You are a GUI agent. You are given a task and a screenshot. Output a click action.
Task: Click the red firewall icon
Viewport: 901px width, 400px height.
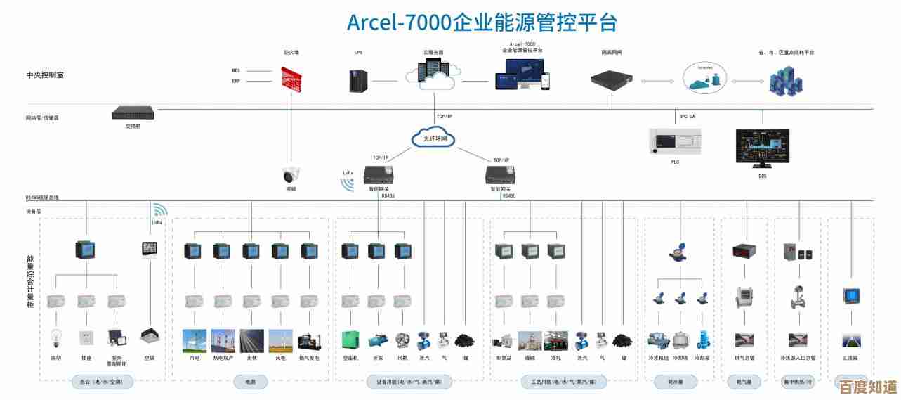[291, 79]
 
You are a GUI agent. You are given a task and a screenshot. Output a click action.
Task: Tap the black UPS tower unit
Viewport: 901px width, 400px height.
[359, 80]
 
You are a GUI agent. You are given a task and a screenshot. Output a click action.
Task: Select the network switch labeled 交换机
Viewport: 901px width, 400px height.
[133, 112]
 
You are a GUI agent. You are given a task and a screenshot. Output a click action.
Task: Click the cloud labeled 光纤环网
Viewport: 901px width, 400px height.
[434, 138]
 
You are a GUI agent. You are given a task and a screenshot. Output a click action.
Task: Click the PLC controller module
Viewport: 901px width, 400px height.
[674, 142]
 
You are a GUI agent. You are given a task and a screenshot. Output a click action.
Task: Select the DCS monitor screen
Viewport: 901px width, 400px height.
[763, 148]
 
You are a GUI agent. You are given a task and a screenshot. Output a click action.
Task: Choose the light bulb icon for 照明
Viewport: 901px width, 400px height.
[57, 340]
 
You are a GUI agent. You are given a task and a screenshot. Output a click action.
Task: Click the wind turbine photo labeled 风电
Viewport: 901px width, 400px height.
[281, 340]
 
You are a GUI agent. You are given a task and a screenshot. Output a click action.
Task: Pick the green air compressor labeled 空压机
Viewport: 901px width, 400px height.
[351, 340]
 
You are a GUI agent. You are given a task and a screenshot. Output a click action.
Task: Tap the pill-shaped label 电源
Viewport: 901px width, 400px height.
[251, 382]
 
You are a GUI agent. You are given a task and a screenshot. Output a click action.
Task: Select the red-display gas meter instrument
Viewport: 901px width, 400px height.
[744, 251]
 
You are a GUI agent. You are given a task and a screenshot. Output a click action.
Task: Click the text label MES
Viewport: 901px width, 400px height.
[236, 70]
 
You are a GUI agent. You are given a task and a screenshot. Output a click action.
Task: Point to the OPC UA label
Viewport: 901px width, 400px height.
[686, 116]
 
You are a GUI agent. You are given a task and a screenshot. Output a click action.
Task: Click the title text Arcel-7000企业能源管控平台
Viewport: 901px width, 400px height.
[482, 22]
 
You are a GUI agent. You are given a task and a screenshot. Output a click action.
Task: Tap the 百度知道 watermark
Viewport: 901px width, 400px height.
[864, 387]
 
